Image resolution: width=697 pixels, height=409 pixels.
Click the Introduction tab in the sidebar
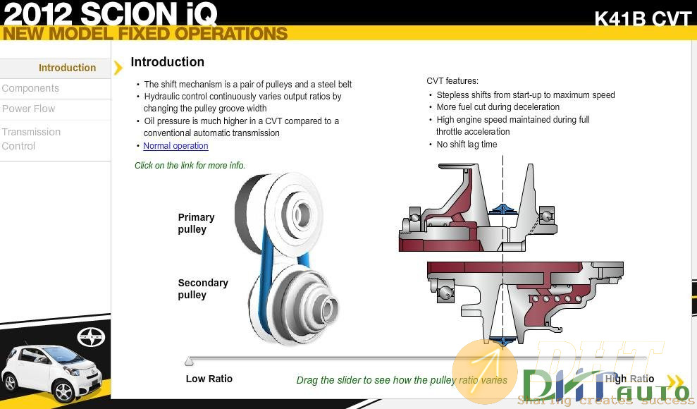67,68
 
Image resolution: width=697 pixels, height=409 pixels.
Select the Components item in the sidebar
30,88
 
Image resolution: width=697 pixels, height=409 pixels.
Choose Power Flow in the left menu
28,109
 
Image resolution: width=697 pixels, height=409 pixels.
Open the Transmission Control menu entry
31,139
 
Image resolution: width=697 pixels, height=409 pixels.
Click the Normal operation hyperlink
175,146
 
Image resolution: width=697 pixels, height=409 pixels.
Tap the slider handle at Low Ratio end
189,362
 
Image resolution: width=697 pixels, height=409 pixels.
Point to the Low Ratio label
209,379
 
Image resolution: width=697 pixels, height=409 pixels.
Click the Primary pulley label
196,223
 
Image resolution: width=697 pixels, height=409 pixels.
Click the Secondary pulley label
203,288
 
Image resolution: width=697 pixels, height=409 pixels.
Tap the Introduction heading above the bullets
167,62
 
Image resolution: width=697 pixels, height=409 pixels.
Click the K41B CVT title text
643,19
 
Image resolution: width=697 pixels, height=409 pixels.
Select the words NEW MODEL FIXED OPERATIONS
145,34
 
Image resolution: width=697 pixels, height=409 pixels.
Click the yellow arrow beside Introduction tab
118,68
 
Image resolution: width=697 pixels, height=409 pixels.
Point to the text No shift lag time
467,145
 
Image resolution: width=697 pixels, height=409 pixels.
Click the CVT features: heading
452,81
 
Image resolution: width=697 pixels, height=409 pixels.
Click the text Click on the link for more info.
190,166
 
